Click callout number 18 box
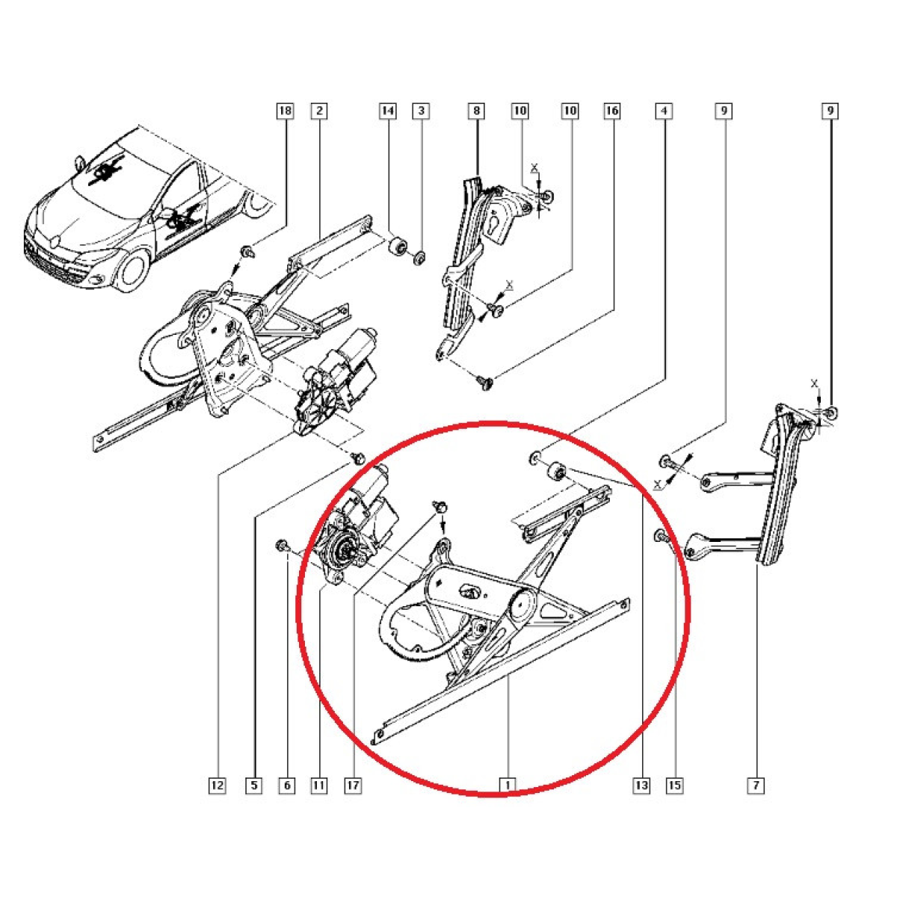click(x=286, y=111)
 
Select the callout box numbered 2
click(x=319, y=111)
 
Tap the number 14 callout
click(x=388, y=111)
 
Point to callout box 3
click(x=421, y=111)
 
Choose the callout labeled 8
click(x=477, y=111)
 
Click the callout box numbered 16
click(x=612, y=111)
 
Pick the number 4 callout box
click(x=665, y=111)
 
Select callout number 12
click(x=218, y=786)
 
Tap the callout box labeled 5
click(x=254, y=786)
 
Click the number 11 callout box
click(x=319, y=786)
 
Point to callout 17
click(x=354, y=786)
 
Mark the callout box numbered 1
click(x=508, y=786)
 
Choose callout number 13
click(x=641, y=786)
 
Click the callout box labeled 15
click(x=675, y=786)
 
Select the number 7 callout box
click(x=756, y=786)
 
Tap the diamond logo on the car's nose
click(x=55, y=241)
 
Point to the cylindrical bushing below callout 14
click(x=398, y=245)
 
